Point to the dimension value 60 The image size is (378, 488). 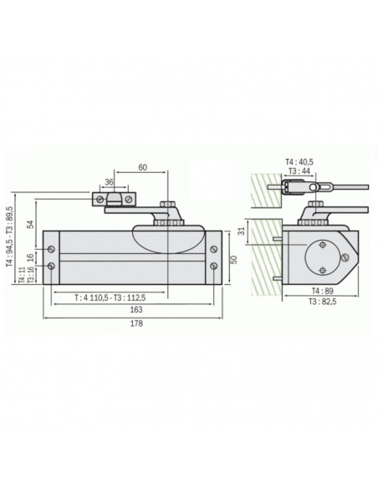[x=143, y=168]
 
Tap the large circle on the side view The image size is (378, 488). [x=319, y=257]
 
